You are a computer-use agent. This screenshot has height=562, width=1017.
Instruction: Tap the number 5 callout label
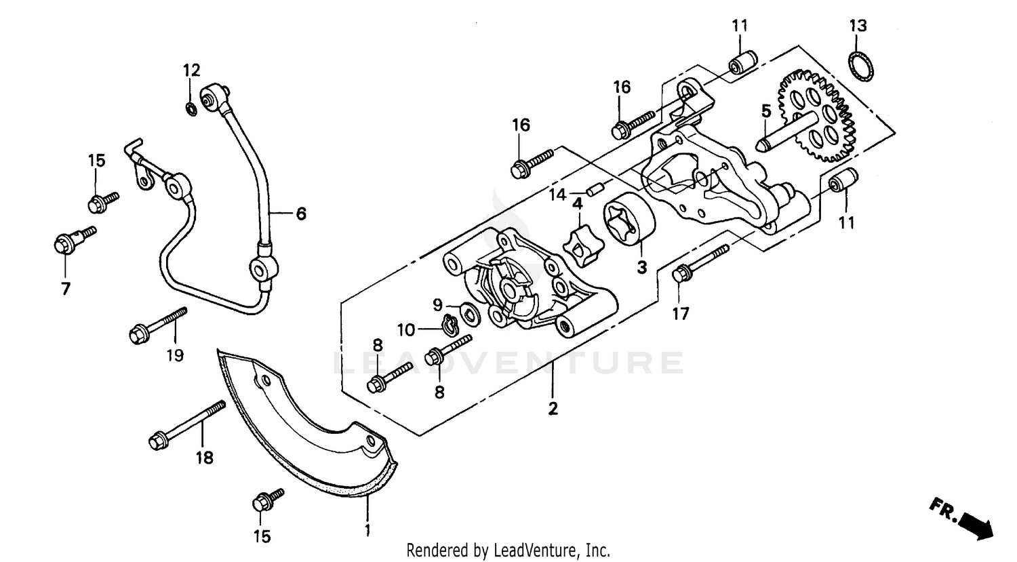coord(765,111)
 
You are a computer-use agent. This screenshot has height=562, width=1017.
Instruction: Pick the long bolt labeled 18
coord(186,425)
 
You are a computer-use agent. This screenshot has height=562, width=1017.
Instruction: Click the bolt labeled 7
coord(71,239)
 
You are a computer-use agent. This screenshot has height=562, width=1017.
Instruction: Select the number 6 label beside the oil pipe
coord(300,214)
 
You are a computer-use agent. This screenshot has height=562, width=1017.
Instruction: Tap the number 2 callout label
coord(553,409)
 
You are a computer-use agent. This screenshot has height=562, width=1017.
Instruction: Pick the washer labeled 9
coord(468,313)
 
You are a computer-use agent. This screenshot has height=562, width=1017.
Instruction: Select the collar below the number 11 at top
coord(740,63)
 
